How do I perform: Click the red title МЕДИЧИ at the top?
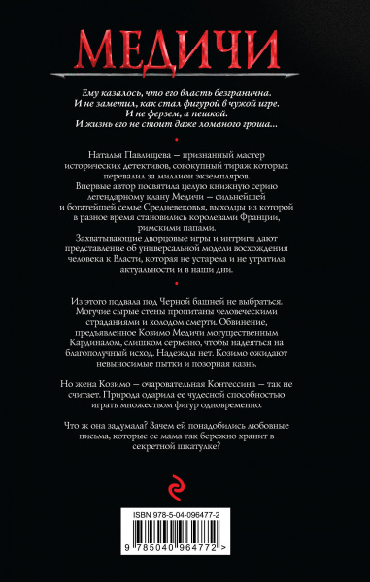point(185,46)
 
